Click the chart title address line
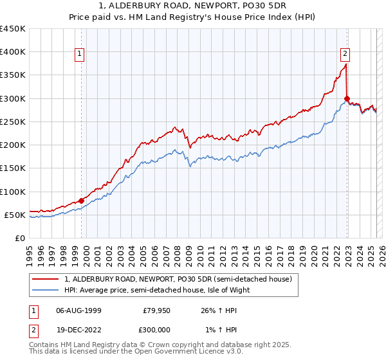pos(192,6)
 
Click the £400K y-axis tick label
pos(12,52)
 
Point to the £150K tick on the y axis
pos(12,168)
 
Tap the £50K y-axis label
pos(15,215)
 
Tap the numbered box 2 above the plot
pos(345,55)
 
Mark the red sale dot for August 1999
pos(82,201)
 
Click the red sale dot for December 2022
pos(347,98)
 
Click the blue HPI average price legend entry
pos(161,290)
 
